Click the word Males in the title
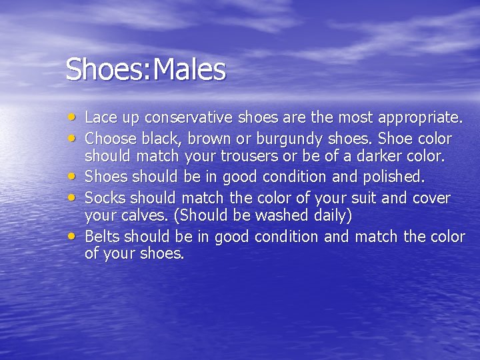coord(190,69)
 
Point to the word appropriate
coord(420,119)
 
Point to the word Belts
coord(103,237)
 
